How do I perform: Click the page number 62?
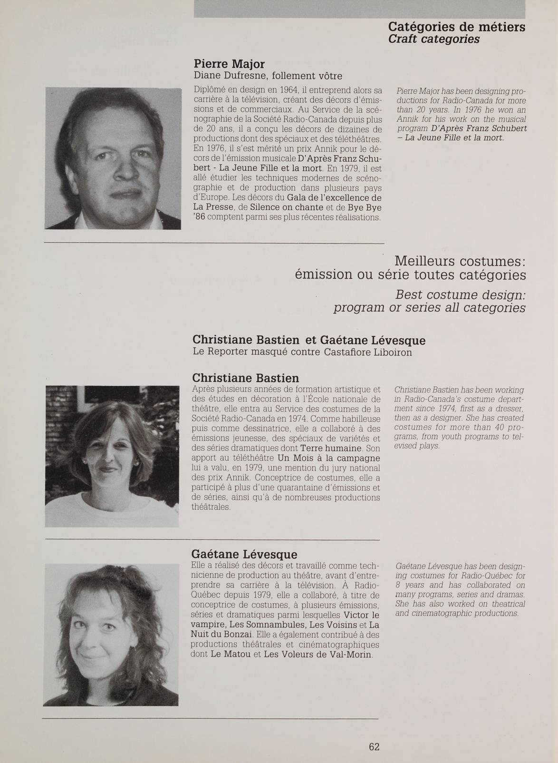374,746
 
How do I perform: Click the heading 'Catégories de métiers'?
456,27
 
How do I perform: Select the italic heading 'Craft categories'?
433,39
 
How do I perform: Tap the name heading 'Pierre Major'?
229,64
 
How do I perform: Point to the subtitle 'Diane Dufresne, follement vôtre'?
268,76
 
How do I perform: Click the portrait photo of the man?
113,158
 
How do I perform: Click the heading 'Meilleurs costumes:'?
460,261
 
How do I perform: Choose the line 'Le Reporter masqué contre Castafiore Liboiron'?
302,352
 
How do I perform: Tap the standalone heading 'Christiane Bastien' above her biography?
245,378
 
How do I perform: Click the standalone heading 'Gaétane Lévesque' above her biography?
244,554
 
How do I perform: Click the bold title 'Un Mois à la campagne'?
328,458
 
